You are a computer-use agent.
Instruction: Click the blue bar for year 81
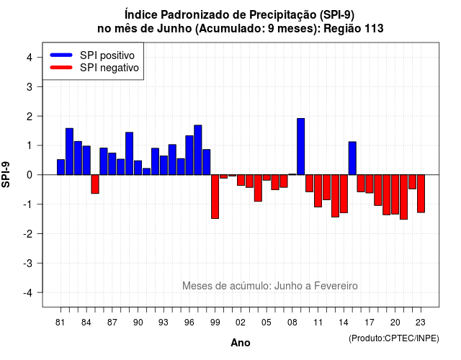point(61,167)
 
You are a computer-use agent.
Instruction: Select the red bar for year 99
point(215,197)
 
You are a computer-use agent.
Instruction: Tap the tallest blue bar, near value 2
point(301,147)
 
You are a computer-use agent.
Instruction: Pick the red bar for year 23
point(421,194)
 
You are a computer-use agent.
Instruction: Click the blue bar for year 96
point(189,156)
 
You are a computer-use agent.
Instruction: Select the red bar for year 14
point(344,194)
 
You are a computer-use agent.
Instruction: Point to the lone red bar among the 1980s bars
point(95,184)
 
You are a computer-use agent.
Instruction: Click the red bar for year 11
point(318,191)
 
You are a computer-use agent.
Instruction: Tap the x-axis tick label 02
point(241,323)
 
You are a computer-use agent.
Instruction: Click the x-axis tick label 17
point(370,323)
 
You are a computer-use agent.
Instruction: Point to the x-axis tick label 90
point(138,323)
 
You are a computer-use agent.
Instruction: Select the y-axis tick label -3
point(29,264)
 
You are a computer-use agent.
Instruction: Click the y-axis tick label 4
point(30,58)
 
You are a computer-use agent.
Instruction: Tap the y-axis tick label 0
point(30,175)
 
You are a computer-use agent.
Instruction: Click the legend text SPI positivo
point(107,55)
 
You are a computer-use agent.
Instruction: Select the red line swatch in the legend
point(61,68)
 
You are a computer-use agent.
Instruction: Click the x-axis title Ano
point(241,343)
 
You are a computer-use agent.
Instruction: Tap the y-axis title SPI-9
point(6,174)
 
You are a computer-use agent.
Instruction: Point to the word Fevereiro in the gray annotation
point(336,286)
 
